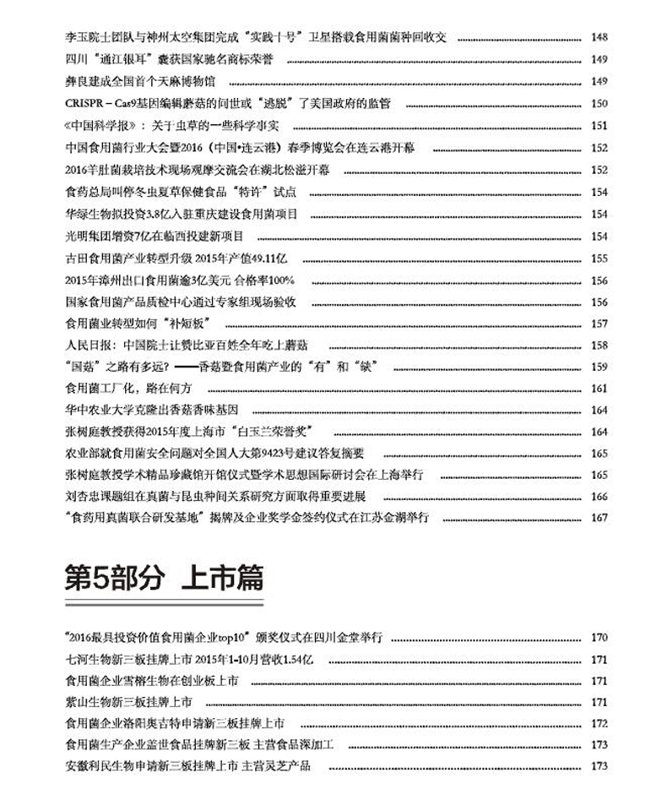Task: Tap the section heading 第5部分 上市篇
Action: pos(164,580)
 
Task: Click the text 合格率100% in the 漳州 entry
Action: pos(264,280)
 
